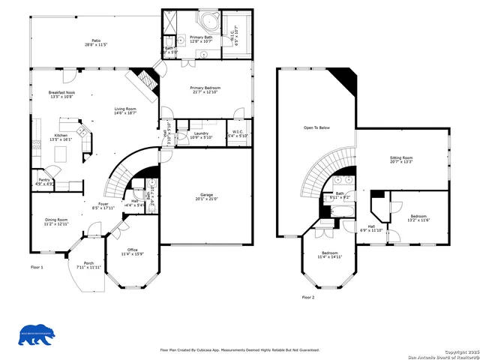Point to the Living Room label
pos(125,111)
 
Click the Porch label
pos(88,265)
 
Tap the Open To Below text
pos(316,128)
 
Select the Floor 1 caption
pos(37,268)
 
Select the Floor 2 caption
pos(308,298)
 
